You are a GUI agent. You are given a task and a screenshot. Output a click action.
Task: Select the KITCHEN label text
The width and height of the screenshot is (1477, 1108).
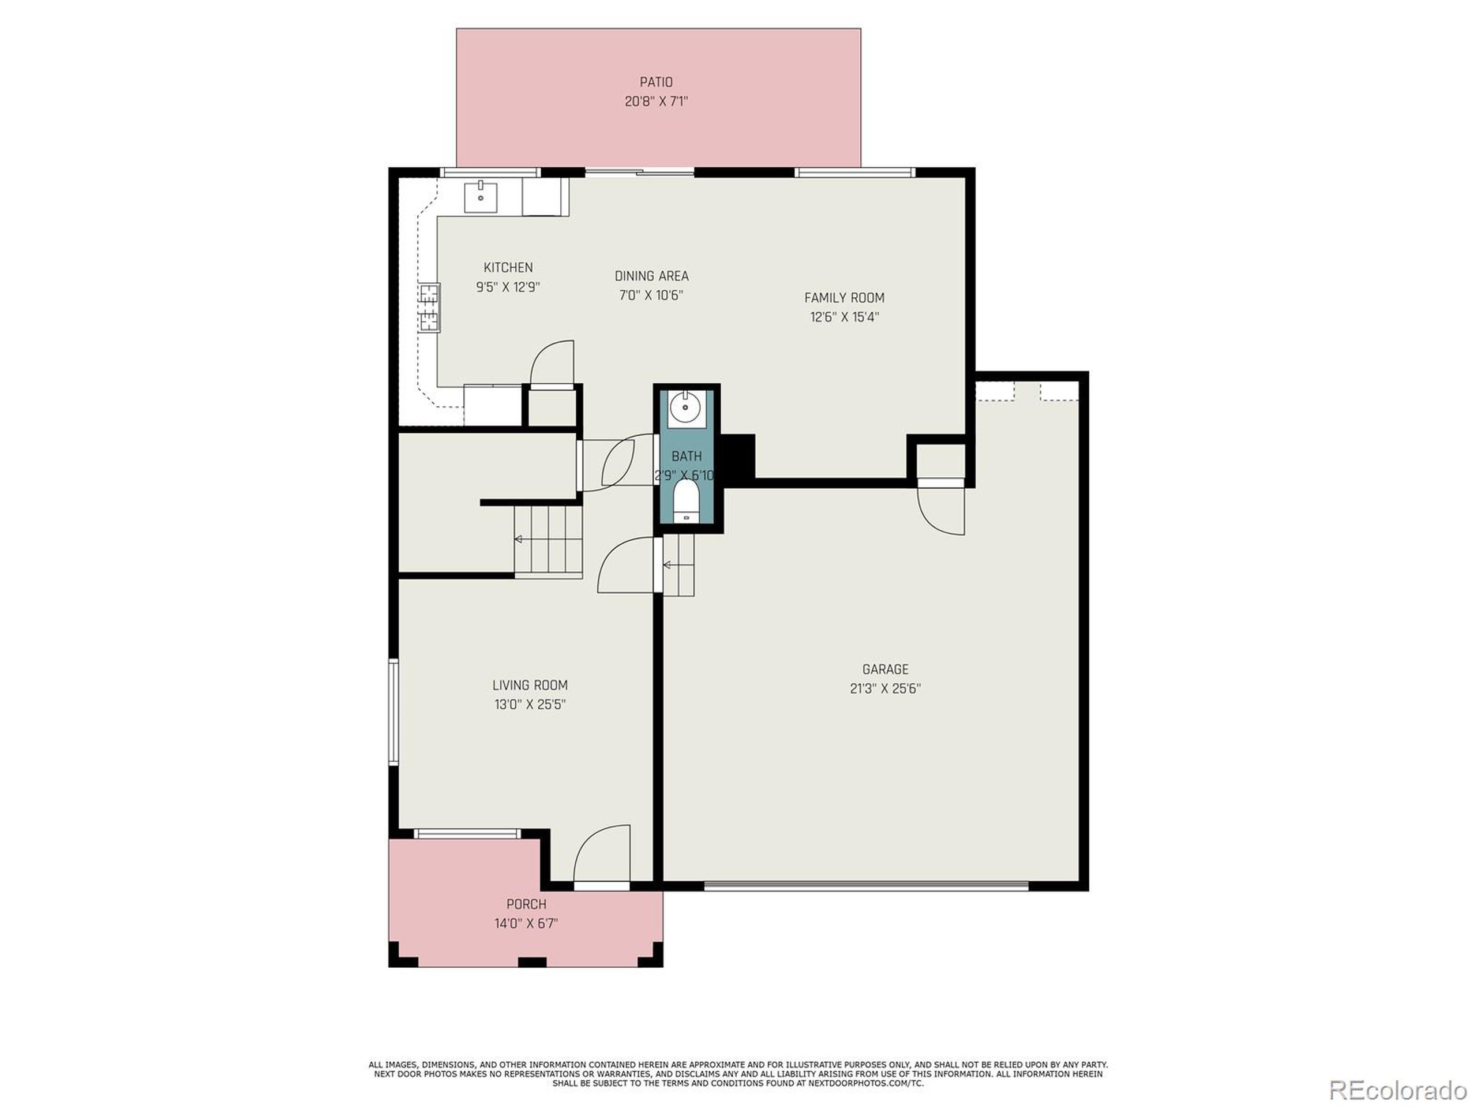(x=508, y=267)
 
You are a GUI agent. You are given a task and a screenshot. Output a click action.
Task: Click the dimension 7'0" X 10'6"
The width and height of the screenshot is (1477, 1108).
(x=650, y=295)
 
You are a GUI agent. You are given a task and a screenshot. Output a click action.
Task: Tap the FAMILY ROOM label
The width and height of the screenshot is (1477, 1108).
(x=844, y=298)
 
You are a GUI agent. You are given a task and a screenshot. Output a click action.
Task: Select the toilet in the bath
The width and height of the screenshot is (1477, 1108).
(x=686, y=501)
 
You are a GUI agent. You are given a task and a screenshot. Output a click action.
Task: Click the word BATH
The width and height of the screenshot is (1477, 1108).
(x=687, y=456)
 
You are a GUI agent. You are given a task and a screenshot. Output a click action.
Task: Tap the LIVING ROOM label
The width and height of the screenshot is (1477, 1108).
(x=530, y=685)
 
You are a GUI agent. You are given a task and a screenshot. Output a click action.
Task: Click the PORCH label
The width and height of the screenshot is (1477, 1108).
(x=526, y=904)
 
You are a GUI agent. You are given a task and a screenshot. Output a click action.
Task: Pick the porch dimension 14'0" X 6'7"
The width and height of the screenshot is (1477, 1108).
(x=526, y=924)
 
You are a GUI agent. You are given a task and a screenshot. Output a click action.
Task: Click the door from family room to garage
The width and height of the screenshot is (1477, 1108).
(x=942, y=508)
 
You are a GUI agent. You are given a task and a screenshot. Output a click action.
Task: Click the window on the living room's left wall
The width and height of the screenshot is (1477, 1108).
(x=394, y=712)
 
